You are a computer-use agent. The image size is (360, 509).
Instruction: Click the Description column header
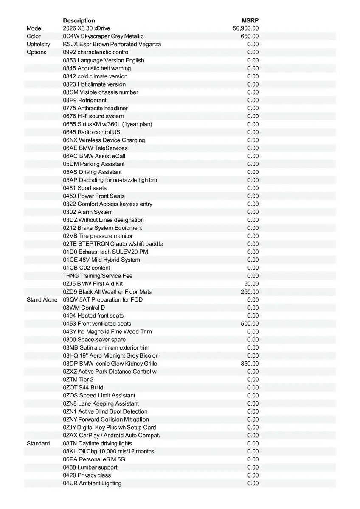(79, 20)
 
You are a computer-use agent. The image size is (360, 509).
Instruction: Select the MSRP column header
(250, 20)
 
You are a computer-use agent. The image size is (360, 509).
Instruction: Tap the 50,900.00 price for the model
(246, 28)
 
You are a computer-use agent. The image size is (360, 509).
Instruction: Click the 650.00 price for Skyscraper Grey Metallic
(250, 36)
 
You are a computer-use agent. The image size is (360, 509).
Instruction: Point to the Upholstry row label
(38, 44)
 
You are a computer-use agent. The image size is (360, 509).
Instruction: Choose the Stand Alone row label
(42, 300)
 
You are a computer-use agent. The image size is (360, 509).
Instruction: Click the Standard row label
(38, 444)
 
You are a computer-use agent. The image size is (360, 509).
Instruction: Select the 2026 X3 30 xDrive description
(86, 28)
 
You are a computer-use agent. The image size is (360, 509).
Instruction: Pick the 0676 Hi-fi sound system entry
(93, 116)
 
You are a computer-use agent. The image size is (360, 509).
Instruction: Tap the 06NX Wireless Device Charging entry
(104, 140)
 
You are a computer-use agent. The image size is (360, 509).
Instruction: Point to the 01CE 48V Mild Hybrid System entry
(101, 260)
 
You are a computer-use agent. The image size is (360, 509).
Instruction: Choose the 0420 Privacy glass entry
(87, 475)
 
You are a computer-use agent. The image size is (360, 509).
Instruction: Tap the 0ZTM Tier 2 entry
(78, 380)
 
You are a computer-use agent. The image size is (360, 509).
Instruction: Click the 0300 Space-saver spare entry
(94, 340)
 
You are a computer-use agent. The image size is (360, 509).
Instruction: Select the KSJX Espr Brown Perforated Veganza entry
(112, 44)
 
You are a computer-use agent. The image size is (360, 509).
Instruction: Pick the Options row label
(37, 52)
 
